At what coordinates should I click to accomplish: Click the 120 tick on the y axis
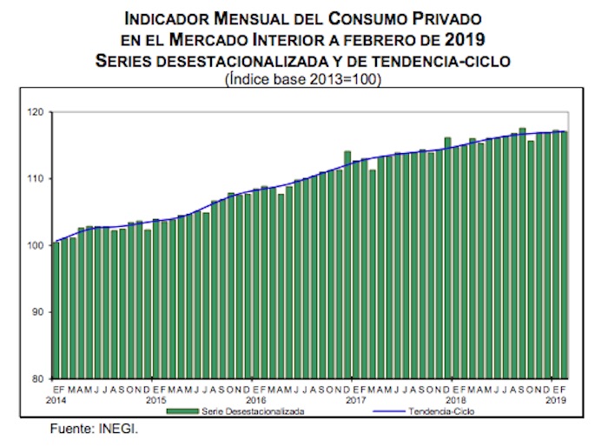[x=36, y=112]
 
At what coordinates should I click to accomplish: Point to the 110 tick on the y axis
[x=36, y=179]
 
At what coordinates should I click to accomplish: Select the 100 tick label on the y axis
[x=36, y=246]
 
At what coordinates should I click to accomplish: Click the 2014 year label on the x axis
[x=56, y=400]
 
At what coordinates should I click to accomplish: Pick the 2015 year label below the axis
[x=156, y=400]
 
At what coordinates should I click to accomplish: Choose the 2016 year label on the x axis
[x=256, y=400]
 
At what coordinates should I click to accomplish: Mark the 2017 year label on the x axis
[x=356, y=400]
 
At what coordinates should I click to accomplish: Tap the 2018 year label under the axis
[x=456, y=400]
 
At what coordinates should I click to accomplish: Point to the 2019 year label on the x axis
[x=556, y=400]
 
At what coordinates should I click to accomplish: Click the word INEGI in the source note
[x=120, y=429]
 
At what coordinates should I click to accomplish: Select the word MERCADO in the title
[x=213, y=39]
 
